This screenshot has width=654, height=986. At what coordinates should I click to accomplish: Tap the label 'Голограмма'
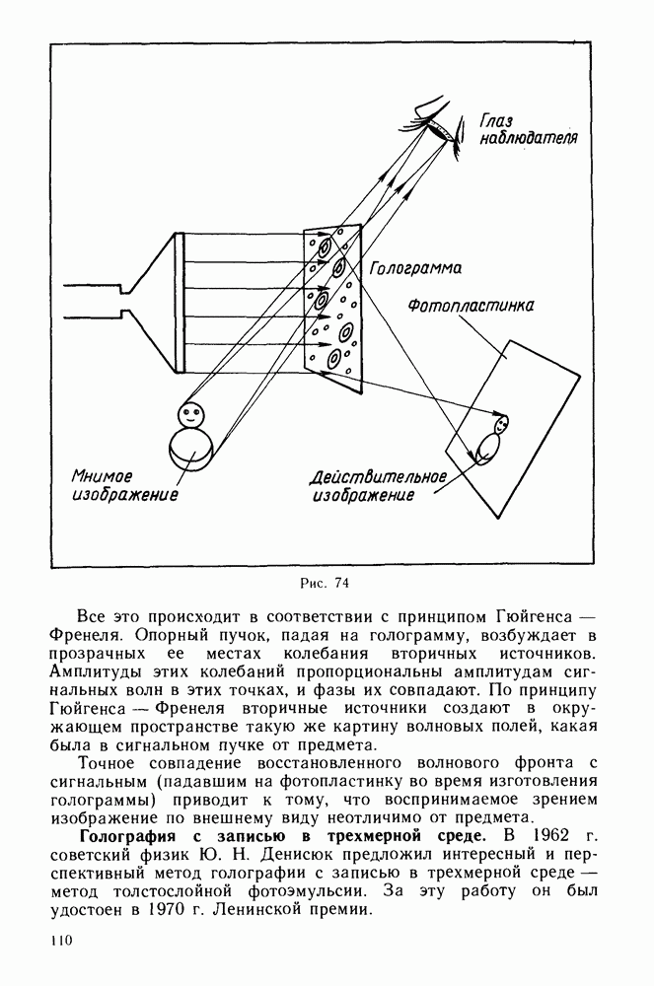413,267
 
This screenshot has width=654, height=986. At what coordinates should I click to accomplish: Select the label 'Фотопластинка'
472,307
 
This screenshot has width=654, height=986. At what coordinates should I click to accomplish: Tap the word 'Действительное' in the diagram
378,477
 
